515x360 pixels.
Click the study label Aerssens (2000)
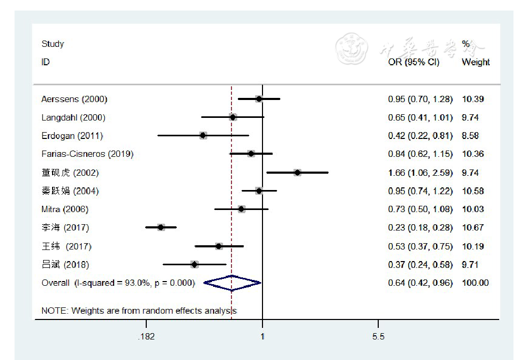tap(74, 99)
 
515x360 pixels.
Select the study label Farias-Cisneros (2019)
tap(87, 154)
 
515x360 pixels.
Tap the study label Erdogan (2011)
tap(72, 136)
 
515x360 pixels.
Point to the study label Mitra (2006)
tap(65, 209)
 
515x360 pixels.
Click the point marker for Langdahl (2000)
tap(233, 117)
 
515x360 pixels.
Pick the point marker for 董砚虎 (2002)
tap(297, 173)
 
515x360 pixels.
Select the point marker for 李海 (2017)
tap(161, 227)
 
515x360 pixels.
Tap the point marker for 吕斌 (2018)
tap(194, 264)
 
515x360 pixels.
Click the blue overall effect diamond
tap(232, 283)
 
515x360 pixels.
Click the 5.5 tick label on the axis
tap(378, 337)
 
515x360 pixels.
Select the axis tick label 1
tap(262, 337)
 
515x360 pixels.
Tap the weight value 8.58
tap(470, 136)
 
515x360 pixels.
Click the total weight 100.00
tap(474, 283)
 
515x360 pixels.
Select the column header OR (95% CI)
tap(413, 62)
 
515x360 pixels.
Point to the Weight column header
tap(476, 62)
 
